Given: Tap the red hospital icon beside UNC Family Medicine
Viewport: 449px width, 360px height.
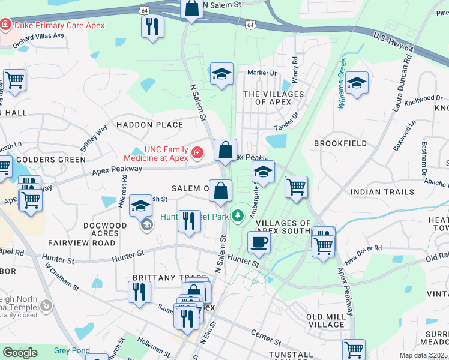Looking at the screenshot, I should (x=197, y=154).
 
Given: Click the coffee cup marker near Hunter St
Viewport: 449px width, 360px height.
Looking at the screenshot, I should (x=259, y=242).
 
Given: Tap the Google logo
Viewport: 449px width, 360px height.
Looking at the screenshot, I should (x=20, y=353).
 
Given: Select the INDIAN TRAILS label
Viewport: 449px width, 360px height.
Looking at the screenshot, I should (x=382, y=192).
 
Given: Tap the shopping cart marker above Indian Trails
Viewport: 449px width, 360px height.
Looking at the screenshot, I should (x=296, y=187).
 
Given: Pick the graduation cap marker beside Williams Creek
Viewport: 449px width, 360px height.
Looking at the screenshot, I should (x=357, y=83).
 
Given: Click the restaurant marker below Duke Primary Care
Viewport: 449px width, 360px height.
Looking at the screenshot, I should (x=152, y=27).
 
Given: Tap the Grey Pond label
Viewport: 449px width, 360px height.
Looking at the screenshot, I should (x=71, y=350).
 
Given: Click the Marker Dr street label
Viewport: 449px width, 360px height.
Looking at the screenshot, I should (x=262, y=73).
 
